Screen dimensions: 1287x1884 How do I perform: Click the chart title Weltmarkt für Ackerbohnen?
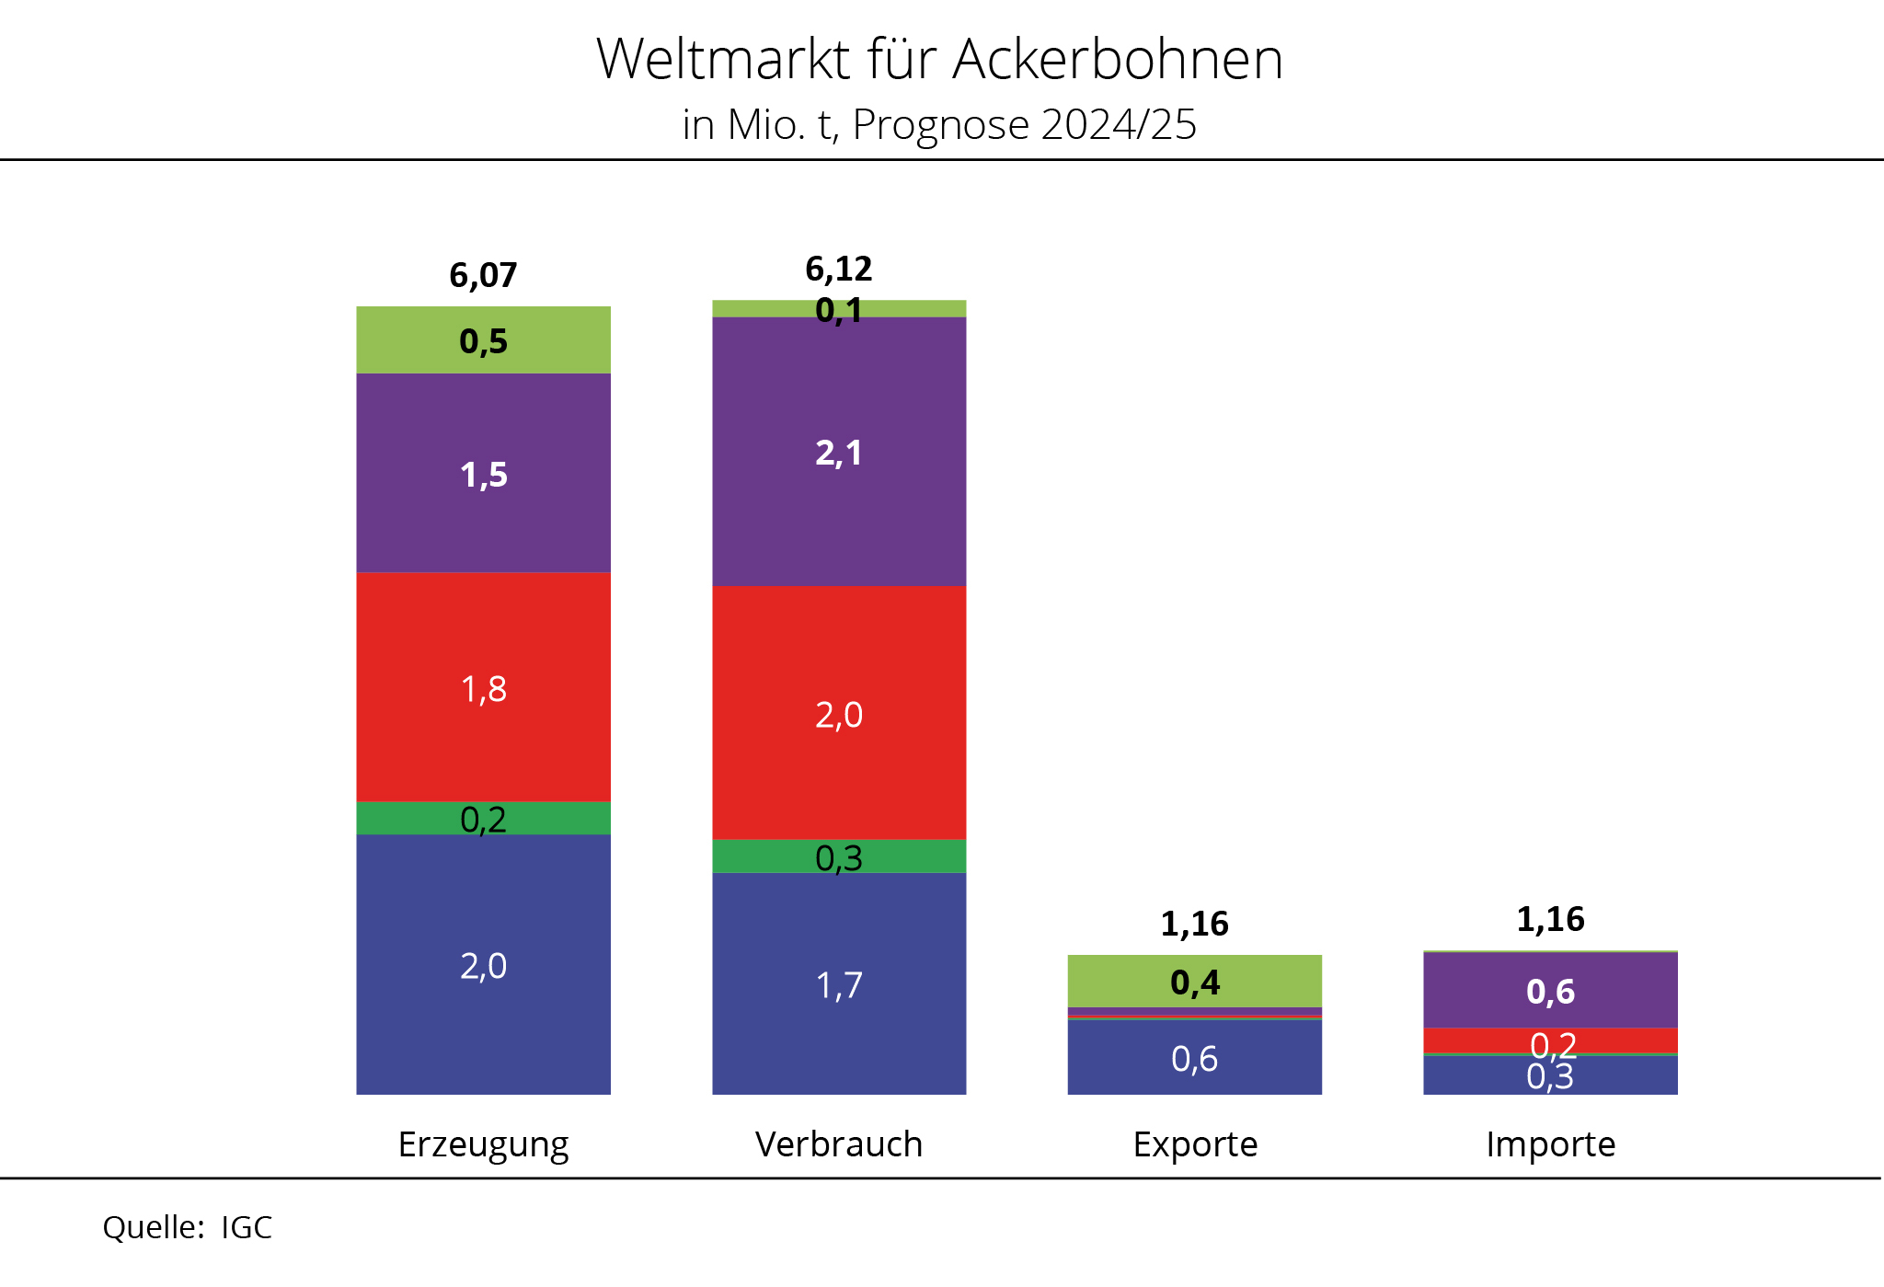tap(939, 60)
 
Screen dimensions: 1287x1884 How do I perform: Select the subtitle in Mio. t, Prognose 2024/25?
tap(939, 125)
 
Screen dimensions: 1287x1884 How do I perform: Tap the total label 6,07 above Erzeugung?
tap(483, 275)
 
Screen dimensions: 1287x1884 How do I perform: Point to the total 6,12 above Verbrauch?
tap(838, 269)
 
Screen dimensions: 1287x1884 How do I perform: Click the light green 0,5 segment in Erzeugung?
tap(483, 340)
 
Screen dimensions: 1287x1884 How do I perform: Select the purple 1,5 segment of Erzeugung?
tap(483, 474)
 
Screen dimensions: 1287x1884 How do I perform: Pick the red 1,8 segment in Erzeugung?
tap(483, 687)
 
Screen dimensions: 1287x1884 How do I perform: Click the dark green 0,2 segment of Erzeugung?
tap(483, 818)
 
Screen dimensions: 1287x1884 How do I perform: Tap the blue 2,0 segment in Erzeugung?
tap(483, 965)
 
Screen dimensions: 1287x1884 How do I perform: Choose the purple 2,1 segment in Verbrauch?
tap(838, 452)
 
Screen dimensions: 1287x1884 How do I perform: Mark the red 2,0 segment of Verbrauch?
tap(838, 713)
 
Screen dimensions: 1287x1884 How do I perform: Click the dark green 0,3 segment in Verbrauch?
tap(838, 856)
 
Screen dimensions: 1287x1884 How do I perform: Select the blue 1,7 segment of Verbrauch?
tap(838, 983)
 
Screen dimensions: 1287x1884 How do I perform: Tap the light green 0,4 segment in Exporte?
tap(1194, 982)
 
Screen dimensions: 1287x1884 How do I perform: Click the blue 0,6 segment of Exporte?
tap(1194, 1058)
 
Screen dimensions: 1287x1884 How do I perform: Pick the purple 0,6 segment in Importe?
tap(1550, 991)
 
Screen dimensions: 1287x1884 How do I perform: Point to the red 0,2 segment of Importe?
tap(1490, 1040)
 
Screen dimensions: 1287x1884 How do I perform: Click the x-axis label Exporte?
tap(1194, 1144)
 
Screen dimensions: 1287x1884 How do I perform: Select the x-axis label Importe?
tap(1550, 1144)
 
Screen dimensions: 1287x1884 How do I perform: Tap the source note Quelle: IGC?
tap(187, 1227)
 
